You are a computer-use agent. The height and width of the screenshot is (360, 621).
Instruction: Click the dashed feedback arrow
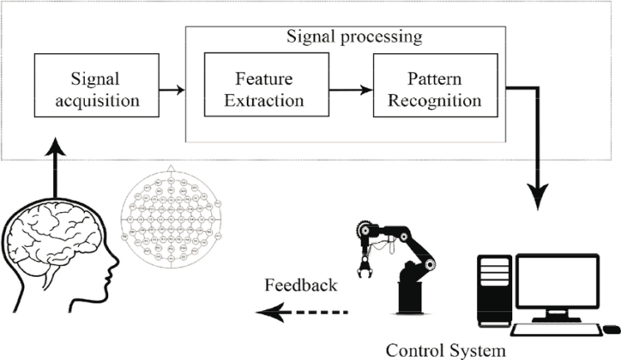pyautogui.click(x=303, y=313)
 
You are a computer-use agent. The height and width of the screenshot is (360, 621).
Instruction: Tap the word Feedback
pyautogui.click(x=301, y=285)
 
